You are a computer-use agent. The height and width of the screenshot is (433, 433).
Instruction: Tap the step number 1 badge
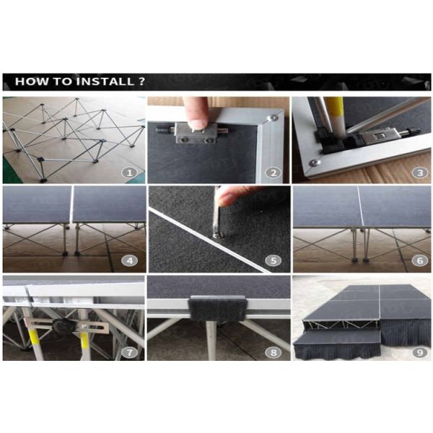point(129,173)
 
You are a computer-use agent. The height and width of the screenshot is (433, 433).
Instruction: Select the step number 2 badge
point(273,173)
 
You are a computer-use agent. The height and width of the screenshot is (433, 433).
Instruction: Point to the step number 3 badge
point(419,173)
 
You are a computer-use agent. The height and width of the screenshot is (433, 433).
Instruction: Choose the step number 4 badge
point(129,261)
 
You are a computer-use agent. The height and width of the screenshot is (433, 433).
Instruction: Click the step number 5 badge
point(273,261)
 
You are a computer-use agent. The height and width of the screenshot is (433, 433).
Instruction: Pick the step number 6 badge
point(419,261)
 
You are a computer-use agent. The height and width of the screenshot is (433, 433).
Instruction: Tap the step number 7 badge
point(129,353)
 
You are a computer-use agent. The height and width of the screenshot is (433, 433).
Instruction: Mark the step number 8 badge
point(273,353)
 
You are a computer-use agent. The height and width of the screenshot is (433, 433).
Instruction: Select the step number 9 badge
point(419,353)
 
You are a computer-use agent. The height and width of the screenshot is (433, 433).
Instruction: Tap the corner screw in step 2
point(274,118)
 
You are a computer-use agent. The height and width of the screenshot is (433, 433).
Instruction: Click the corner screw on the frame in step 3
point(315,162)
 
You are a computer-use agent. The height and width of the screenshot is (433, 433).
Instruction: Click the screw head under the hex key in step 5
point(218,235)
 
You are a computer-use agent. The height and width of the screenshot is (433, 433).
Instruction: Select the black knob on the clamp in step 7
point(64,327)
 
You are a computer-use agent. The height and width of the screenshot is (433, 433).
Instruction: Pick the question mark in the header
point(141,82)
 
